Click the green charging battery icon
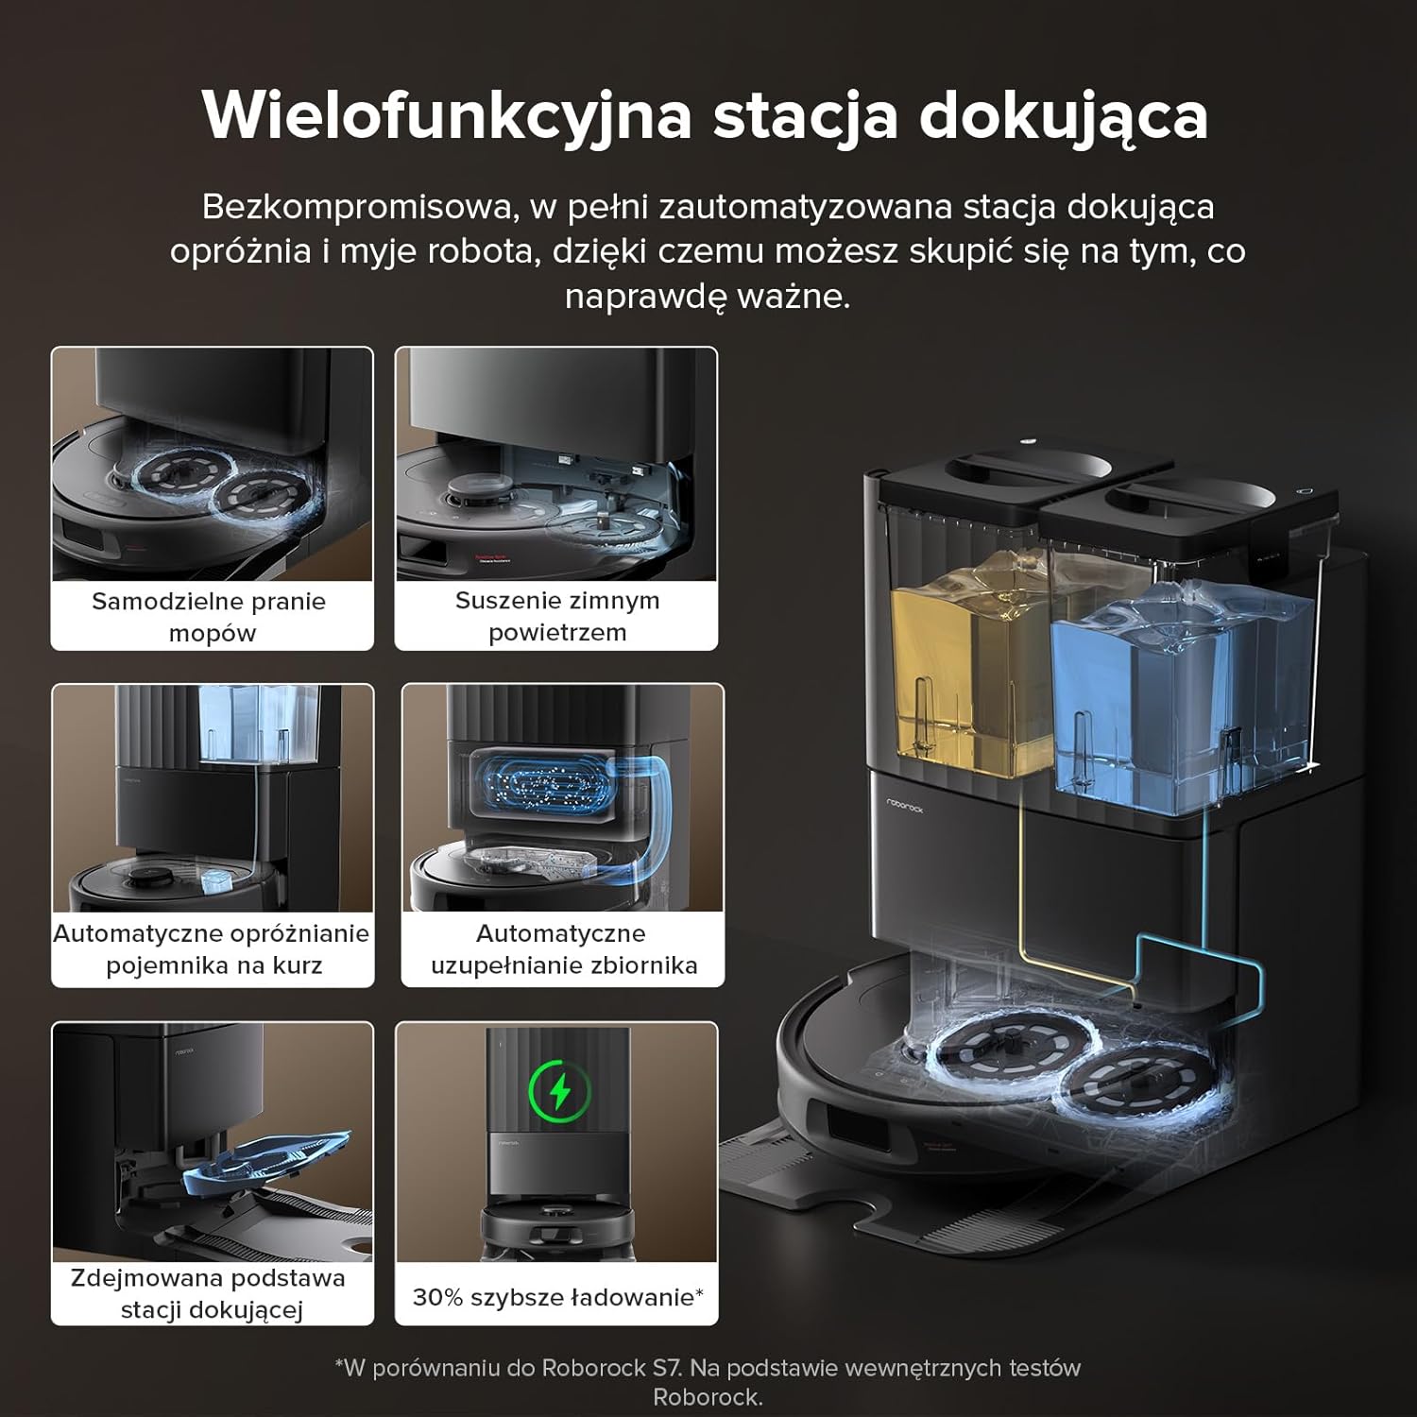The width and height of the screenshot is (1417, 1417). click(x=560, y=1092)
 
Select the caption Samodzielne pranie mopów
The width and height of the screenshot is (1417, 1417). click(x=210, y=617)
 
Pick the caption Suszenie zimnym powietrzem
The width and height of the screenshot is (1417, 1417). click(x=556, y=616)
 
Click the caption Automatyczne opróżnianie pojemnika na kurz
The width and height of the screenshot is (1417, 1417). click(x=212, y=949)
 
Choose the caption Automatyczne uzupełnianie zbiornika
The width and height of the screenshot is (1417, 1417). click(x=563, y=949)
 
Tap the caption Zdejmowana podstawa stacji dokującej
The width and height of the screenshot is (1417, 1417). click(x=209, y=1293)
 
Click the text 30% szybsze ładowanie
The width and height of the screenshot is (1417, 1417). click(x=556, y=1297)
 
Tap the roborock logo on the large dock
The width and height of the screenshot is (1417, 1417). click(x=904, y=804)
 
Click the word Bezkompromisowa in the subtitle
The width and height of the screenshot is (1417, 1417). click(x=359, y=207)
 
